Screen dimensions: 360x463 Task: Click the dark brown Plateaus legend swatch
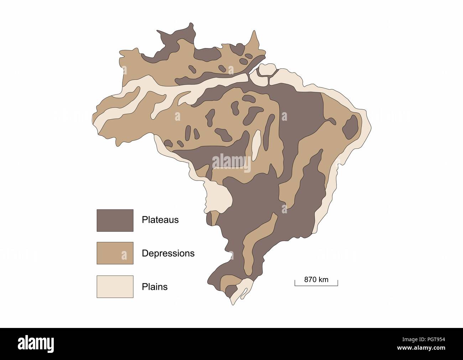pyautogui.click(x=115, y=220)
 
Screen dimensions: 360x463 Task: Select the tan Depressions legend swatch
pyautogui.click(x=115, y=253)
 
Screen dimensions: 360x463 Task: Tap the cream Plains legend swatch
pyautogui.click(x=115, y=286)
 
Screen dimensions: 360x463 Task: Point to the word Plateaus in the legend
pyautogui.click(x=160, y=220)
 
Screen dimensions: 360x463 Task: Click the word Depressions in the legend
pyautogui.click(x=168, y=253)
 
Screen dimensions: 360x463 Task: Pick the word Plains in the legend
pyautogui.click(x=155, y=287)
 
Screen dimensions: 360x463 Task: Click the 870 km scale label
pyautogui.click(x=316, y=280)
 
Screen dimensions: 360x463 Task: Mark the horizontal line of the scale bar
pyautogui.click(x=316, y=285)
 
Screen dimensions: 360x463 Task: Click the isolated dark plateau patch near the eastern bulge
pyautogui.click(x=350, y=127)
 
